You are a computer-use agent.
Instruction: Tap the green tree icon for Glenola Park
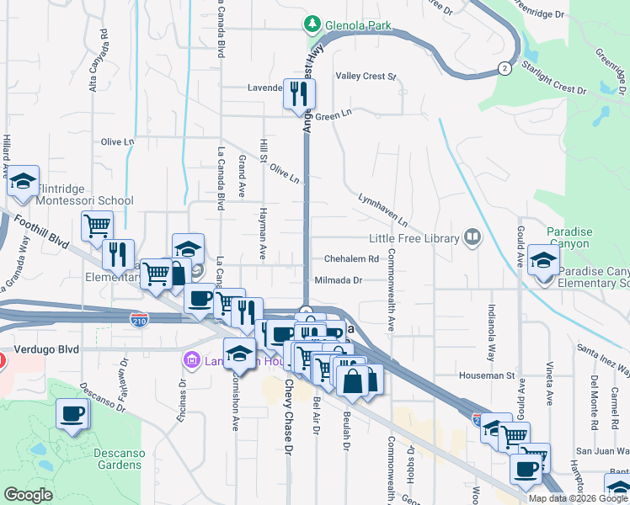click(x=312, y=24)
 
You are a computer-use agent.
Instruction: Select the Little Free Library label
click(x=412, y=238)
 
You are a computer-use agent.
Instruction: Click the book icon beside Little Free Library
click(x=472, y=238)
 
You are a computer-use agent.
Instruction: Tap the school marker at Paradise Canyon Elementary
click(x=543, y=260)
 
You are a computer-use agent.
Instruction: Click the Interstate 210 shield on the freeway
click(x=139, y=319)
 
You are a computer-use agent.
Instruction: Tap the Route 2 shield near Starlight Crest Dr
click(x=504, y=67)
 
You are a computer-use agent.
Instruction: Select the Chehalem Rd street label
click(x=346, y=259)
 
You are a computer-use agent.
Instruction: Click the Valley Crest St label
click(x=366, y=77)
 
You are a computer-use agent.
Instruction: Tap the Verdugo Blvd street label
click(x=47, y=348)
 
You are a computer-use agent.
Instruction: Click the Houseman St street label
click(x=486, y=375)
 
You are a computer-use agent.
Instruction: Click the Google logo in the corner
click(x=28, y=495)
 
